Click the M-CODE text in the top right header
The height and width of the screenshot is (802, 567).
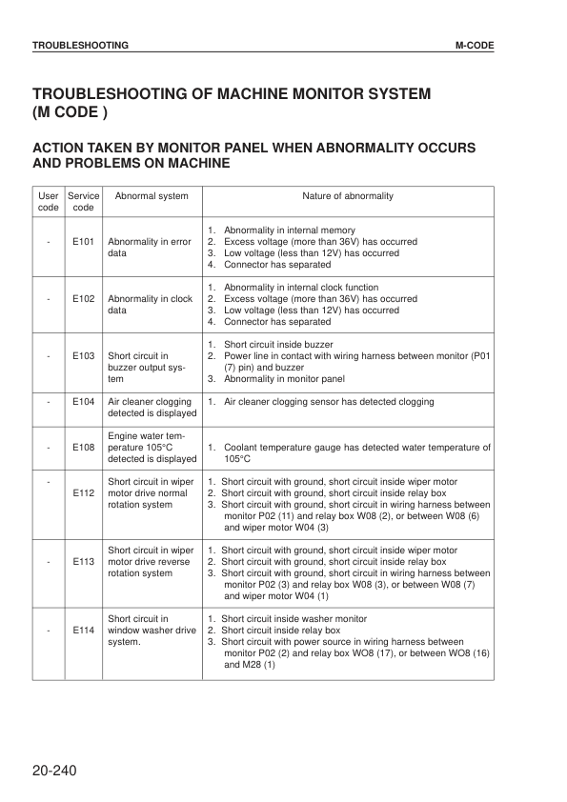[474, 45]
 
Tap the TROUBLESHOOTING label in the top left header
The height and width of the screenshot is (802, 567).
[81, 45]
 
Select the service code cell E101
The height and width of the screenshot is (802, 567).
[83, 242]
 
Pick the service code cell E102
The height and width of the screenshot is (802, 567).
[83, 299]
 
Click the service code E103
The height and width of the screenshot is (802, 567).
[83, 355]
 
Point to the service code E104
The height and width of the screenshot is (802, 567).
[83, 402]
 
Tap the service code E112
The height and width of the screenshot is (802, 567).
[83, 493]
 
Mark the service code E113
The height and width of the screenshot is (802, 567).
[83, 562]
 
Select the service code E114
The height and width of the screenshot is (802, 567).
[83, 631]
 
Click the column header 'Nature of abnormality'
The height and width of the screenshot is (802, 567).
[348, 196]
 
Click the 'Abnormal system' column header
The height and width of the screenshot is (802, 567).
[152, 196]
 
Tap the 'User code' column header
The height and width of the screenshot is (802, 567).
[49, 202]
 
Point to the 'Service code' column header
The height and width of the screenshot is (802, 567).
[83, 202]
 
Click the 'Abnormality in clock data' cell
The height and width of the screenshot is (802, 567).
[151, 305]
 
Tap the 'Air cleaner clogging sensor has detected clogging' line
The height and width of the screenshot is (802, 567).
[328, 402]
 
